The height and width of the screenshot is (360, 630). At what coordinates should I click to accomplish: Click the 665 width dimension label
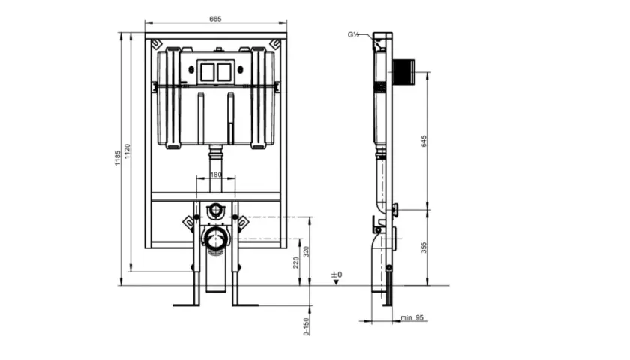coord(215,19)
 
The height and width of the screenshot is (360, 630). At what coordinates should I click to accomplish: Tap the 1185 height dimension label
coord(117,158)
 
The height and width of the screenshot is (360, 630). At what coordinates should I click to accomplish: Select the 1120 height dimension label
coord(127,151)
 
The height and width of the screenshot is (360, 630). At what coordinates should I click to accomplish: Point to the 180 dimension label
coord(216,175)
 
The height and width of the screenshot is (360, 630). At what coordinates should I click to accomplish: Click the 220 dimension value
coord(296,262)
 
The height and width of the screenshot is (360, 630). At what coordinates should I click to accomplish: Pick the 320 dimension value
coord(307,251)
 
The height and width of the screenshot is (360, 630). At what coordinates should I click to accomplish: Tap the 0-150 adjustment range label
coord(307,326)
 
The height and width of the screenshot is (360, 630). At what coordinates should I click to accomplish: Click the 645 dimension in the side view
coord(424,141)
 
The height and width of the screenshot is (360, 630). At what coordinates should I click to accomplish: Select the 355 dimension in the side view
coord(424,247)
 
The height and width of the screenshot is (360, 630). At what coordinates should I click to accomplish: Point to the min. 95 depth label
coord(412,317)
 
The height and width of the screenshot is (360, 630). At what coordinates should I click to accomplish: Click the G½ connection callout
coord(353,35)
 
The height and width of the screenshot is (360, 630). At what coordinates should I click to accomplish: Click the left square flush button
coord(207,72)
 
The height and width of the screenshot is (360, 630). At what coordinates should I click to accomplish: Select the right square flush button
coord(224,72)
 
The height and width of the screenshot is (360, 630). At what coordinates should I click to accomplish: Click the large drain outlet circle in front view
coord(216,238)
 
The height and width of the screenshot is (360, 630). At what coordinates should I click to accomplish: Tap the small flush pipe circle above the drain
coord(216,210)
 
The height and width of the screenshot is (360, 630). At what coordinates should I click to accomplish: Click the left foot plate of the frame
coord(187,305)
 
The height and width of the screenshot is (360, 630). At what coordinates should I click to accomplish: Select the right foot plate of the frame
coord(245,305)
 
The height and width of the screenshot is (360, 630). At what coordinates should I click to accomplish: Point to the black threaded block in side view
coord(403,72)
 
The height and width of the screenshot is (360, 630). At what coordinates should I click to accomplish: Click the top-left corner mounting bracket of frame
coord(156,43)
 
